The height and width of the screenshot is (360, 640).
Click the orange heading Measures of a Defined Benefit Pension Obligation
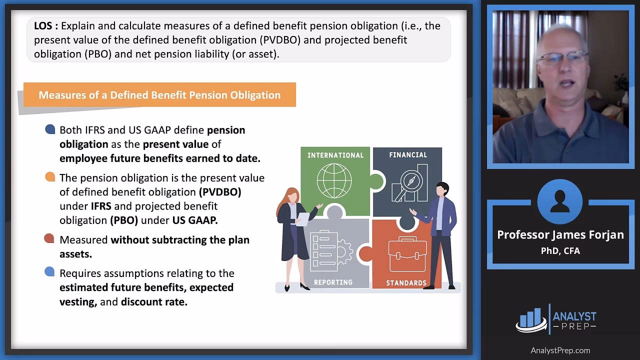(x=159, y=95)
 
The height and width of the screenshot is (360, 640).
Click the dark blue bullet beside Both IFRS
(x=50, y=130)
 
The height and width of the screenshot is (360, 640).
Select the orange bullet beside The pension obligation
(x=50, y=177)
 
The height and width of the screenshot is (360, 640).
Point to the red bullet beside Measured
(x=49, y=239)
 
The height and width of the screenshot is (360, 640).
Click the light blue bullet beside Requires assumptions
(x=49, y=272)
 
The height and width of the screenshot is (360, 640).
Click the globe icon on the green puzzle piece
(x=334, y=180)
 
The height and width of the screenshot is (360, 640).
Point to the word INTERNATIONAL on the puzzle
(x=335, y=155)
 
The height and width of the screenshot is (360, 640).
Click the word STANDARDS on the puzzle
(x=406, y=283)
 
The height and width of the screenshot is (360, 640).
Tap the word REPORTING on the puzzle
(x=333, y=282)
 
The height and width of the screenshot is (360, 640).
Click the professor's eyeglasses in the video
(x=563, y=57)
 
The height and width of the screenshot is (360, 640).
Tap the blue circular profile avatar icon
(x=559, y=202)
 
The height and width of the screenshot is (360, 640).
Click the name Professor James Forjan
(x=560, y=235)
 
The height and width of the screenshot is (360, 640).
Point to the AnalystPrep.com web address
(x=560, y=350)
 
